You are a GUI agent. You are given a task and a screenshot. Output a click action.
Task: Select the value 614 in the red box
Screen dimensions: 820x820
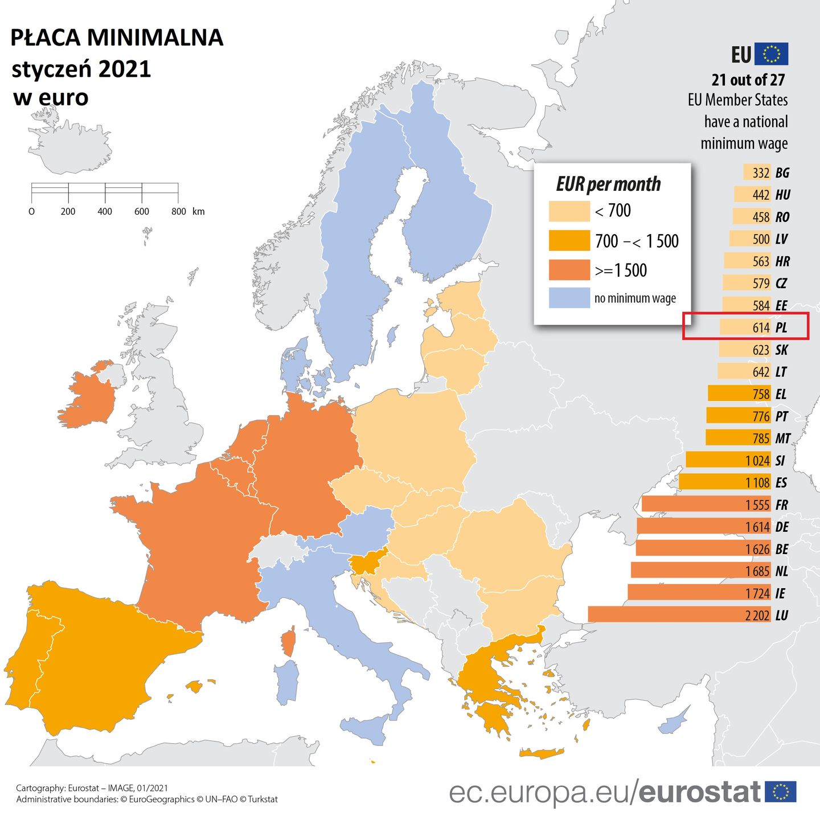point(761,327)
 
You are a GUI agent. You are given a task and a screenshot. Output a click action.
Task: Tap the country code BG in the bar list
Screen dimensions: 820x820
point(782,173)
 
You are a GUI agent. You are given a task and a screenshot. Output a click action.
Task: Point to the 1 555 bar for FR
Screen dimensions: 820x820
point(706,505)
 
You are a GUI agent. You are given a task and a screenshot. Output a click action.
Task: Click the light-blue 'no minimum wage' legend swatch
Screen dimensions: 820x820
point(569,298)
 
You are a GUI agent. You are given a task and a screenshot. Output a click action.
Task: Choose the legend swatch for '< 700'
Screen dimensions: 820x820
point(569,211)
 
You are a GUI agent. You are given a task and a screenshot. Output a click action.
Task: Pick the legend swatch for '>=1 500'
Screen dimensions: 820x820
point(569,270)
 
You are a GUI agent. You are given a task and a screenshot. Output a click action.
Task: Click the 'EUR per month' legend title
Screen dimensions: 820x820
point(608,184)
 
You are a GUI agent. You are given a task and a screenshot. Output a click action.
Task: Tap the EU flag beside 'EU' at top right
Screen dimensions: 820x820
point(771,54)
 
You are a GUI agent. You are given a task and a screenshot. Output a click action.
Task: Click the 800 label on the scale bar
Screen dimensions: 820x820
point(178,211)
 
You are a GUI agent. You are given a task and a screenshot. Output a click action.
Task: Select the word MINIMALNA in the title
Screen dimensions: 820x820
point(155,38)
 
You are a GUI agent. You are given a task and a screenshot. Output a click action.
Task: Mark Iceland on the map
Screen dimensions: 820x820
point(68,145)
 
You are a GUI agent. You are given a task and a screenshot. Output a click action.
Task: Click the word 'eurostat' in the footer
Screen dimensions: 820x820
point(699,792)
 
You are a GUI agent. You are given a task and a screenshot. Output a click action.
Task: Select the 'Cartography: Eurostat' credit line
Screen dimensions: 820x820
point(92,788)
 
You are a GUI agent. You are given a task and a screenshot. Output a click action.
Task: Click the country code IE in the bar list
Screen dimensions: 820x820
point(780,593)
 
